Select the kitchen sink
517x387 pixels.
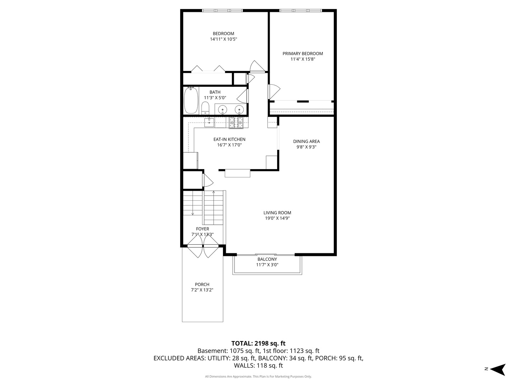[x=209, y=123]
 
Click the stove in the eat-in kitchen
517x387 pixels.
[x=236, y=123]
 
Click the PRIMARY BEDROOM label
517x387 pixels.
[x=303, y=54]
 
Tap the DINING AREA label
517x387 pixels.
[x=306, y=141]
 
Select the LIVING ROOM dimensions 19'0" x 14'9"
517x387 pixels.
[x=277, y=218]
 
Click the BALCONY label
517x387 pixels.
[x=267, y=259]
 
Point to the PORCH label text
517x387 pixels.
[x=202, y=285]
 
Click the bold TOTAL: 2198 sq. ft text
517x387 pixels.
[x=258, y=343]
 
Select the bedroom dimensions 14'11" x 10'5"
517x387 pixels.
[x=223, y=39]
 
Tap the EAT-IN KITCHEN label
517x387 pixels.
[x=229, y=139]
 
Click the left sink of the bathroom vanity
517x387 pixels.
[x=223, y=109]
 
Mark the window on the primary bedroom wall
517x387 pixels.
[x=300, y=10]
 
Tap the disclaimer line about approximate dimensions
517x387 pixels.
[x=258, y=377]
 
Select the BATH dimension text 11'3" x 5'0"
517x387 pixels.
[x=215, y=97]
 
